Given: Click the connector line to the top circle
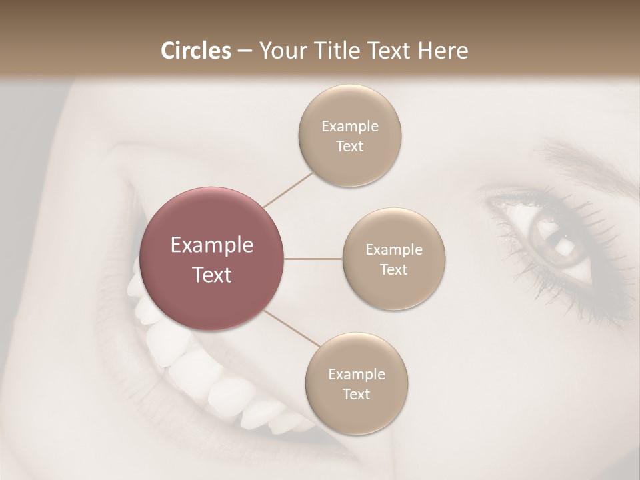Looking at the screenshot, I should (x=288, y=189).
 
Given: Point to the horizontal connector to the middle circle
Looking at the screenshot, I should (x=313, y=259).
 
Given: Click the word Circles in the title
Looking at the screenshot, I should (x=196, y=50).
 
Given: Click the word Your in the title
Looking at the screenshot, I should (x=281, y=50).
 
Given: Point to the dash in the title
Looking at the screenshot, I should (x=245, y=51).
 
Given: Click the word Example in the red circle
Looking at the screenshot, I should (x=212, y=245).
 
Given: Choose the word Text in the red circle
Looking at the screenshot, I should (x=212, y=275).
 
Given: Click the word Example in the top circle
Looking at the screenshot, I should (x=350, y=126).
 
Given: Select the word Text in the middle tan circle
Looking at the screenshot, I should (x=393, y=269).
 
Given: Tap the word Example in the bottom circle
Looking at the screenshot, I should (x=357, y=374).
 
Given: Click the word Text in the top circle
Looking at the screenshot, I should (x=349, y=146).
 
